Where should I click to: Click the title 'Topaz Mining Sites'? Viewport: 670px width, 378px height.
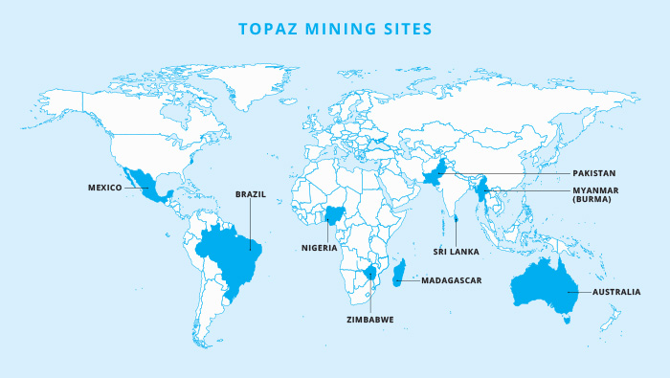tap(334, 29)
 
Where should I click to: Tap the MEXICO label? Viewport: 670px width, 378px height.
tap(104, 188)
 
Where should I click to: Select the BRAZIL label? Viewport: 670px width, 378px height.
tap(250, 194)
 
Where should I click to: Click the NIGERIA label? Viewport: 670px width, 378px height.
tap(319, 247)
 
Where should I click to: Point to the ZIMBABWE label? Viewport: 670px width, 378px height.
tap(369, 318)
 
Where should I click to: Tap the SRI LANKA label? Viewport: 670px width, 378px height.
tap(455, 251)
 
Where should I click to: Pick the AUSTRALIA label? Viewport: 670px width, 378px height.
tap(616, 291)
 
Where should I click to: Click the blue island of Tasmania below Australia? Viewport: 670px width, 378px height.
tap(567, 320)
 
